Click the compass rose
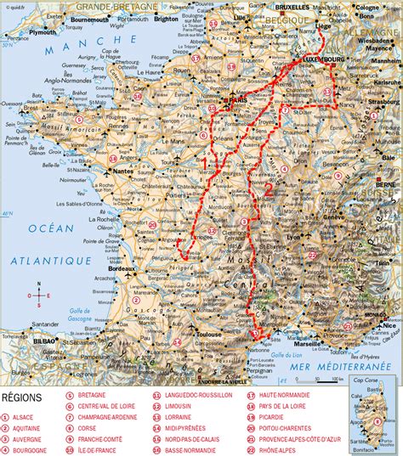pos(38,295)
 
